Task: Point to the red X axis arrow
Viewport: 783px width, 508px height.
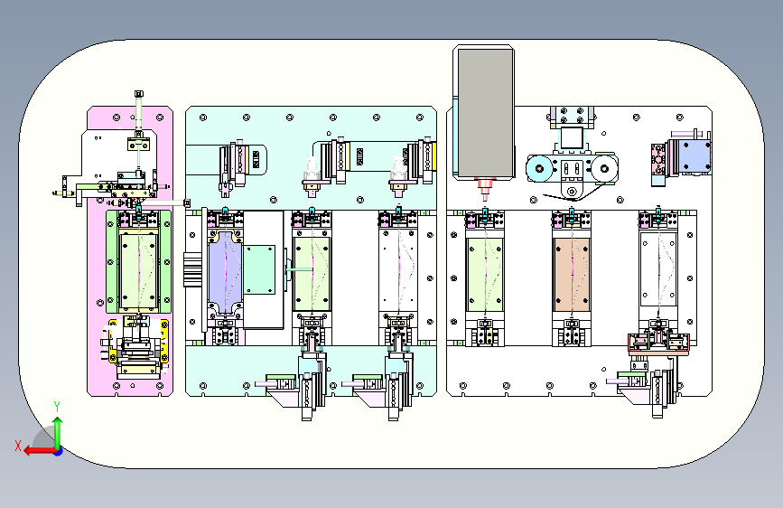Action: [x=39, y=451]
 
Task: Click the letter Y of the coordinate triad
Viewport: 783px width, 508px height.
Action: [x=57, y=406]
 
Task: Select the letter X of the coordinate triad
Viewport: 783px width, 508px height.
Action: [x=18, y=446]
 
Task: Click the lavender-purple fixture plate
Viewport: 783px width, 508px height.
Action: [x=225, y=272]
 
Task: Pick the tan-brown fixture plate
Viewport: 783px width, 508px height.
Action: [x=572, y=274]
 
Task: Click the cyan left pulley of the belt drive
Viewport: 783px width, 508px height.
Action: [x=540, y=168]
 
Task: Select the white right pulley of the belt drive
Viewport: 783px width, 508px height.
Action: [x=604, y=168]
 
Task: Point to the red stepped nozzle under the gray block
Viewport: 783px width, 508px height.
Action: [x=484, y=187]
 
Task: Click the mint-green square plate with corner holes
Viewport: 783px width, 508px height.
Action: [x=259, y=269]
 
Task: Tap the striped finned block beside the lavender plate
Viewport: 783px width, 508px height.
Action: [x=192, y=269]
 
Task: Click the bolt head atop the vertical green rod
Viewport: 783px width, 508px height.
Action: [x=139, y=93]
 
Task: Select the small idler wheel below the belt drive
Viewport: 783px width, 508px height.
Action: [x=572, y=191]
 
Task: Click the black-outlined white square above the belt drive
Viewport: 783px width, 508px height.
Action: [x=572, y=137]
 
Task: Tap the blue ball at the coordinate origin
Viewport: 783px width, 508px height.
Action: [x=59, y=451]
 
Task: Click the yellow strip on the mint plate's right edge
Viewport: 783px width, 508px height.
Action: [x=433, y=156]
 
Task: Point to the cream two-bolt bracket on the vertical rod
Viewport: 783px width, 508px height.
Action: [x=139, y=145]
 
